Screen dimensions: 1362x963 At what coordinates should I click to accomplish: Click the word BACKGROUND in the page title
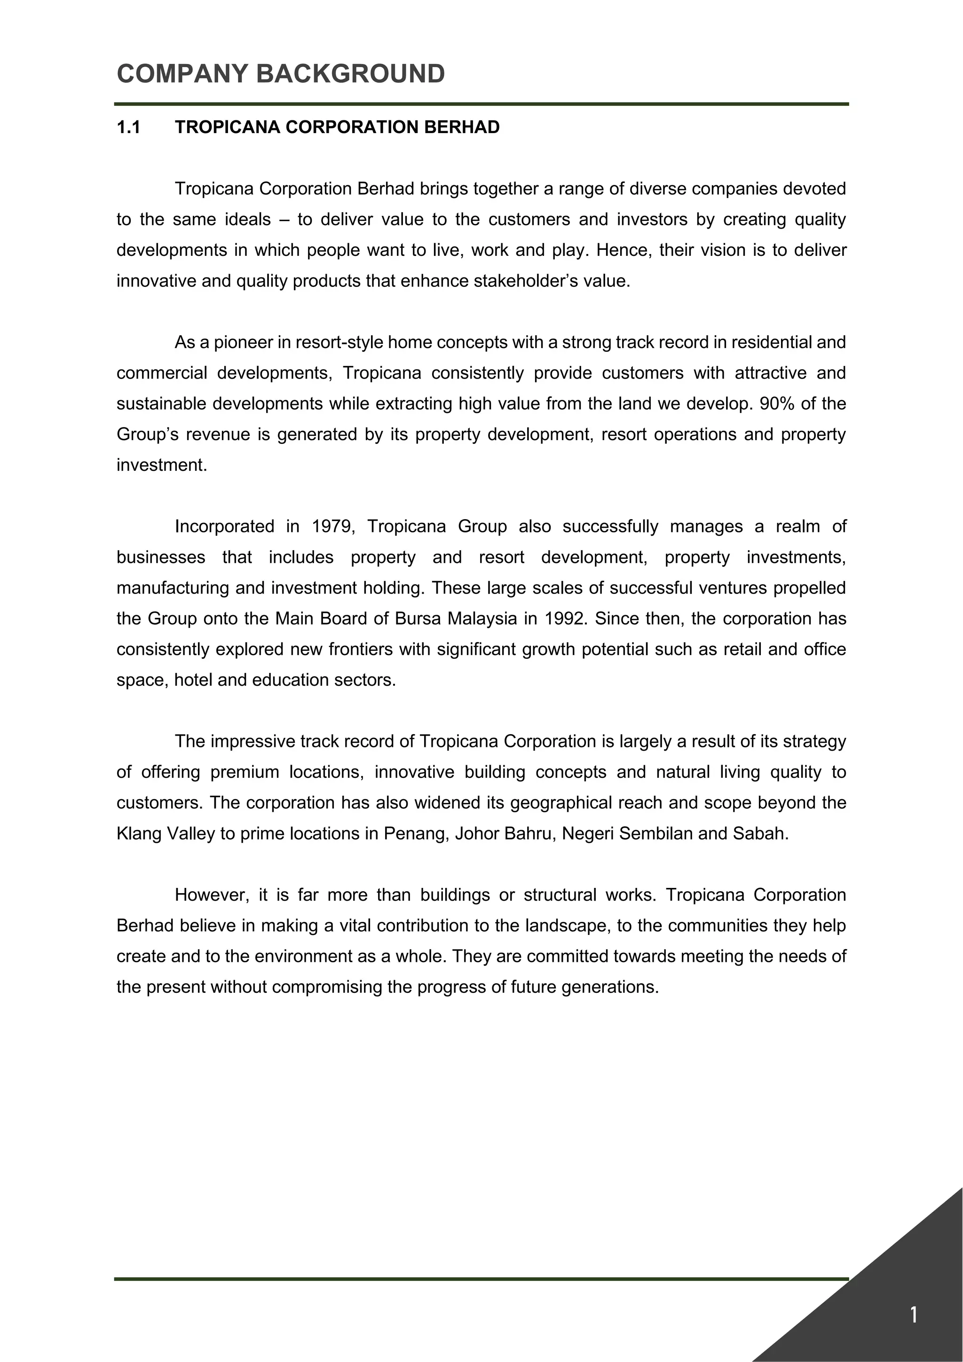click(x=350, y=74)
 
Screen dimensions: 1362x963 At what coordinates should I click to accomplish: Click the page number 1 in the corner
click(x=913, y=1315)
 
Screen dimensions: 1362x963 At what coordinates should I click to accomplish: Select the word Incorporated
click(x=224, y=526)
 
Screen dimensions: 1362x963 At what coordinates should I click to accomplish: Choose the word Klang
click(x=139, y=833)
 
